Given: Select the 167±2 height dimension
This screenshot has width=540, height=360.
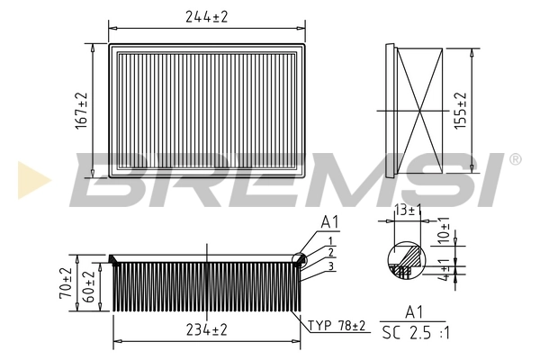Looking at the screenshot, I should tap(83, 109).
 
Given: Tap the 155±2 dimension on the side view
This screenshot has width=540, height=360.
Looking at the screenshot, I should tap(462, 110).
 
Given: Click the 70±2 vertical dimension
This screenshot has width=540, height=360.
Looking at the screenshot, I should tap(66, 283).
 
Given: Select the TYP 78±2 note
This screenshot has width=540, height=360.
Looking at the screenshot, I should tap(337, 325).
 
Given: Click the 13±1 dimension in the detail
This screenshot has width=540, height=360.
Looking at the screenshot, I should tap(408, 210).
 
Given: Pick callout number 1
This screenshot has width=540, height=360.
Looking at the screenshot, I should tap(331, 240).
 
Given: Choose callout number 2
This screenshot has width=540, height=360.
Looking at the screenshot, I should tap(331, 253).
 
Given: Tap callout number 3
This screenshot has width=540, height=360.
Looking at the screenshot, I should tap(331, 265).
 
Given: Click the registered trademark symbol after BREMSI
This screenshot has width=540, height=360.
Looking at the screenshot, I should tap(514, 159).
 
